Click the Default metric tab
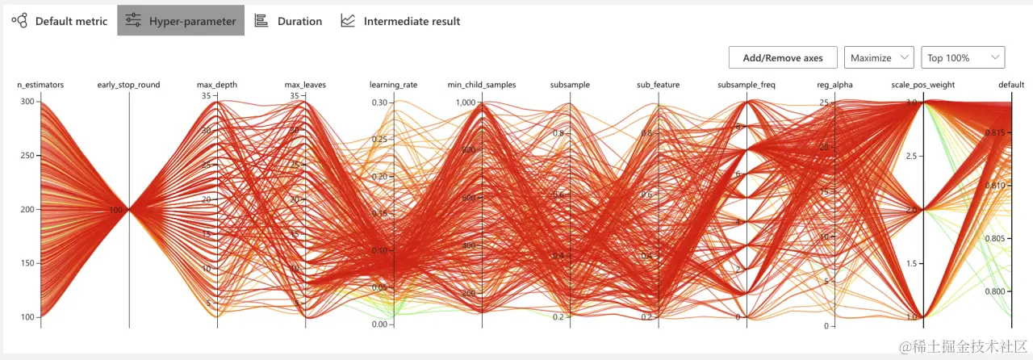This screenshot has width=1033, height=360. [x=61, y=21]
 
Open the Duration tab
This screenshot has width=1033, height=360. [x=288, y=21]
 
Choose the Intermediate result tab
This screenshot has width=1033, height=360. [x=400, y=21]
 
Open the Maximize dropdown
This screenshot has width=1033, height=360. [x=879, y=57]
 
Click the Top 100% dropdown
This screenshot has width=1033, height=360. [x=963, y=57]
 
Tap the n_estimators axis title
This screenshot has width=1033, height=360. [x=40, y=85]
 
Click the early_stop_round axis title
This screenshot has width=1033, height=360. [x=128, y=85]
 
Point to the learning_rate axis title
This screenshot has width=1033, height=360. [x=393, y=85]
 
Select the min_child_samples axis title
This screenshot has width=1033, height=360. [x=482, y=85]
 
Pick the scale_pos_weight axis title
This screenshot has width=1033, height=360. [x=922, y=85]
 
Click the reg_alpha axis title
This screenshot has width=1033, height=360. [x=834, y=85]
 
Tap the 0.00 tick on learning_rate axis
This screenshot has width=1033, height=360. [x=381, y=324]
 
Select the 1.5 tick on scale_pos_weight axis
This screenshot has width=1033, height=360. [x=911, y=264]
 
